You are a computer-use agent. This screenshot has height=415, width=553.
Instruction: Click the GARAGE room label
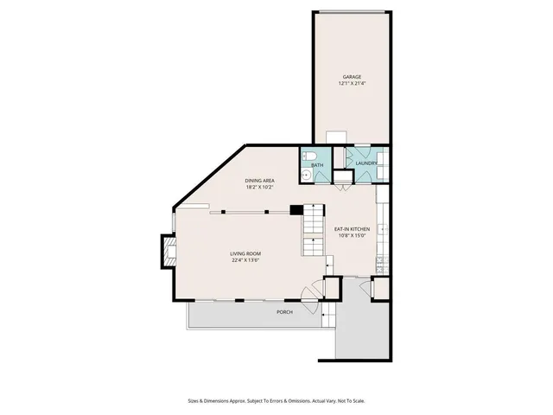350,77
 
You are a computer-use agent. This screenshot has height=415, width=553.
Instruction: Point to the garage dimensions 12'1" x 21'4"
350,84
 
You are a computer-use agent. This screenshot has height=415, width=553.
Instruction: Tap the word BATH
317,165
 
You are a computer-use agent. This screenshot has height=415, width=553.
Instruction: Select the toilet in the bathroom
315,156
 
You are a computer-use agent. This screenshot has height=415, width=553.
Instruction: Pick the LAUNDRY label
366,163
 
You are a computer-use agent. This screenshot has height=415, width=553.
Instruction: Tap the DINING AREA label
259,180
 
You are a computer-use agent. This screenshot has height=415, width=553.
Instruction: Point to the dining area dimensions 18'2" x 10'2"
259,187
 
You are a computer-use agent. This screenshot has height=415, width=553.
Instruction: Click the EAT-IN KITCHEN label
352,228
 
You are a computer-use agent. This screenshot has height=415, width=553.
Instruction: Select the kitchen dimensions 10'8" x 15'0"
352,235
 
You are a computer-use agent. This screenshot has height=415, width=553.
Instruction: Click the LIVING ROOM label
245,253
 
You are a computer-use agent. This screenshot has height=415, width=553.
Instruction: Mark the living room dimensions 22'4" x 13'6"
245,260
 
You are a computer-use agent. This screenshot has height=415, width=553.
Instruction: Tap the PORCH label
284,311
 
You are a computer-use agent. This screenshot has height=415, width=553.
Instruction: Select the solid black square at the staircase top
296,209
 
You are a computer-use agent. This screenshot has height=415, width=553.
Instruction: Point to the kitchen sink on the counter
383,232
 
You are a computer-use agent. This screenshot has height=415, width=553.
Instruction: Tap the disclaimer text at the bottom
276,400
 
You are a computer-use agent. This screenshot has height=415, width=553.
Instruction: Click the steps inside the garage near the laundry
337,138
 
